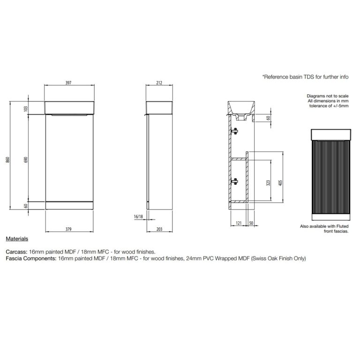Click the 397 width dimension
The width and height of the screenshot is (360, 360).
[68, 82]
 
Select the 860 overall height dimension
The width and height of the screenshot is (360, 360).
[7, 160]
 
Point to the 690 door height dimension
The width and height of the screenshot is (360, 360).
[26, 160]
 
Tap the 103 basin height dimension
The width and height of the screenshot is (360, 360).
[26, 109]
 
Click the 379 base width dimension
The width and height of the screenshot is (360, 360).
[68, 229]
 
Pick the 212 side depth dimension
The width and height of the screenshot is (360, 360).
[159, 82]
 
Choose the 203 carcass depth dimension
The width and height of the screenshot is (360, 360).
[159, 229]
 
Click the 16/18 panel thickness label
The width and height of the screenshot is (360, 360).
[138, 217]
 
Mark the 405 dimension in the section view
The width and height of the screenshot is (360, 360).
[280, 183]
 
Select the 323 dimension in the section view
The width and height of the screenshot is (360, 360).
[268, 183]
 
